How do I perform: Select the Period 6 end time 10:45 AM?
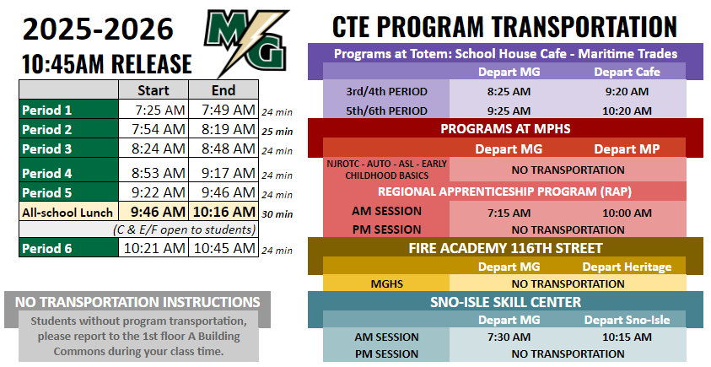224,248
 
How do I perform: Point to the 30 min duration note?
277,213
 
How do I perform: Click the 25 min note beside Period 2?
277,131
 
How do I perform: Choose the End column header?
224,90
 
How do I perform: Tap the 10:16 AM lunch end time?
224,212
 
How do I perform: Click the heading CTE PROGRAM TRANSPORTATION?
504,26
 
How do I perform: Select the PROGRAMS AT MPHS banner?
505,129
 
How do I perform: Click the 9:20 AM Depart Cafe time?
628,91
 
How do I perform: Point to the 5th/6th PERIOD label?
386,111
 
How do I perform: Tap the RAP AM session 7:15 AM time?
509,213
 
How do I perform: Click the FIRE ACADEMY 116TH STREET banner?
505,248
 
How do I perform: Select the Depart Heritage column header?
628,267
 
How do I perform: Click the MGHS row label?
386,284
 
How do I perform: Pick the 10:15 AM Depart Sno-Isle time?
628,337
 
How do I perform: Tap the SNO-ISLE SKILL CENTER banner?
505,301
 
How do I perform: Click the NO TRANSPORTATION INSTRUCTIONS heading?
137,302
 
